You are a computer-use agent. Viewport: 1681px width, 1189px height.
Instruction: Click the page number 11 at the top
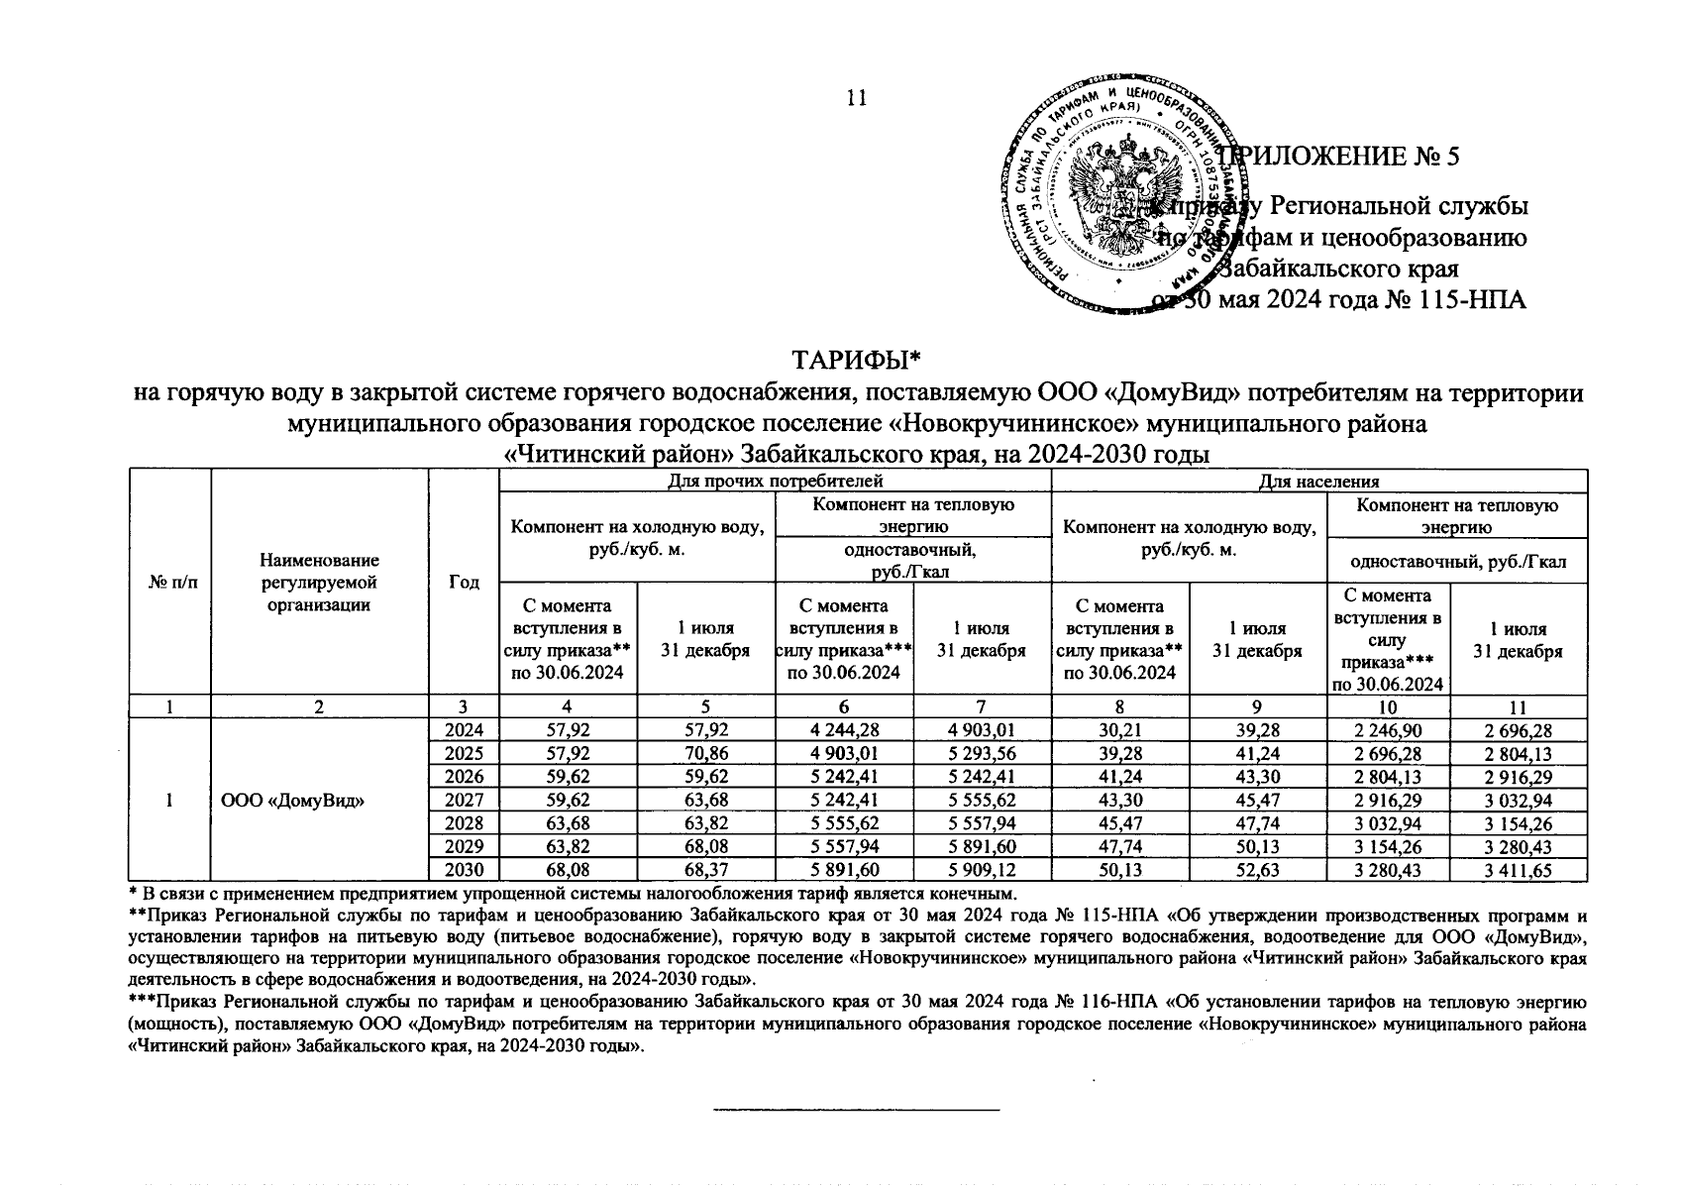coord(856,97)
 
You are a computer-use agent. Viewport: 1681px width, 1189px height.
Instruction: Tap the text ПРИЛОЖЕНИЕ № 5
coord(1347,157)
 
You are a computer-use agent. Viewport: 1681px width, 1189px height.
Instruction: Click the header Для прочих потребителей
coord(775,482)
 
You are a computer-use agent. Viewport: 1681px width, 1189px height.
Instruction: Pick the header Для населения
coord(1318,482)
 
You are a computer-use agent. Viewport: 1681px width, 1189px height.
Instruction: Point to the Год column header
coord(464,584)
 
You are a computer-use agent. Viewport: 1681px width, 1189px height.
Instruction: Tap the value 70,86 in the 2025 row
coord(705,754)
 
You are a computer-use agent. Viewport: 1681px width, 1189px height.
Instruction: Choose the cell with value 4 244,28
coord(844,731)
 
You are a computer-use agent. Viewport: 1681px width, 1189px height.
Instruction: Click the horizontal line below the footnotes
coord(856,1109)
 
